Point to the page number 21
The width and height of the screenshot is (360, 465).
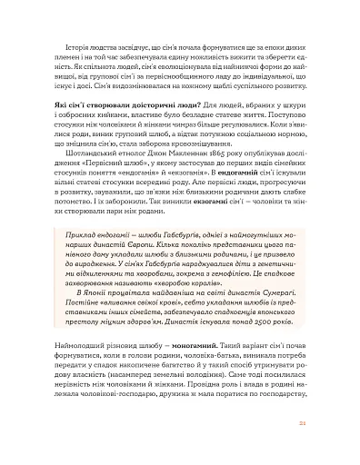tap(312, 448)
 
